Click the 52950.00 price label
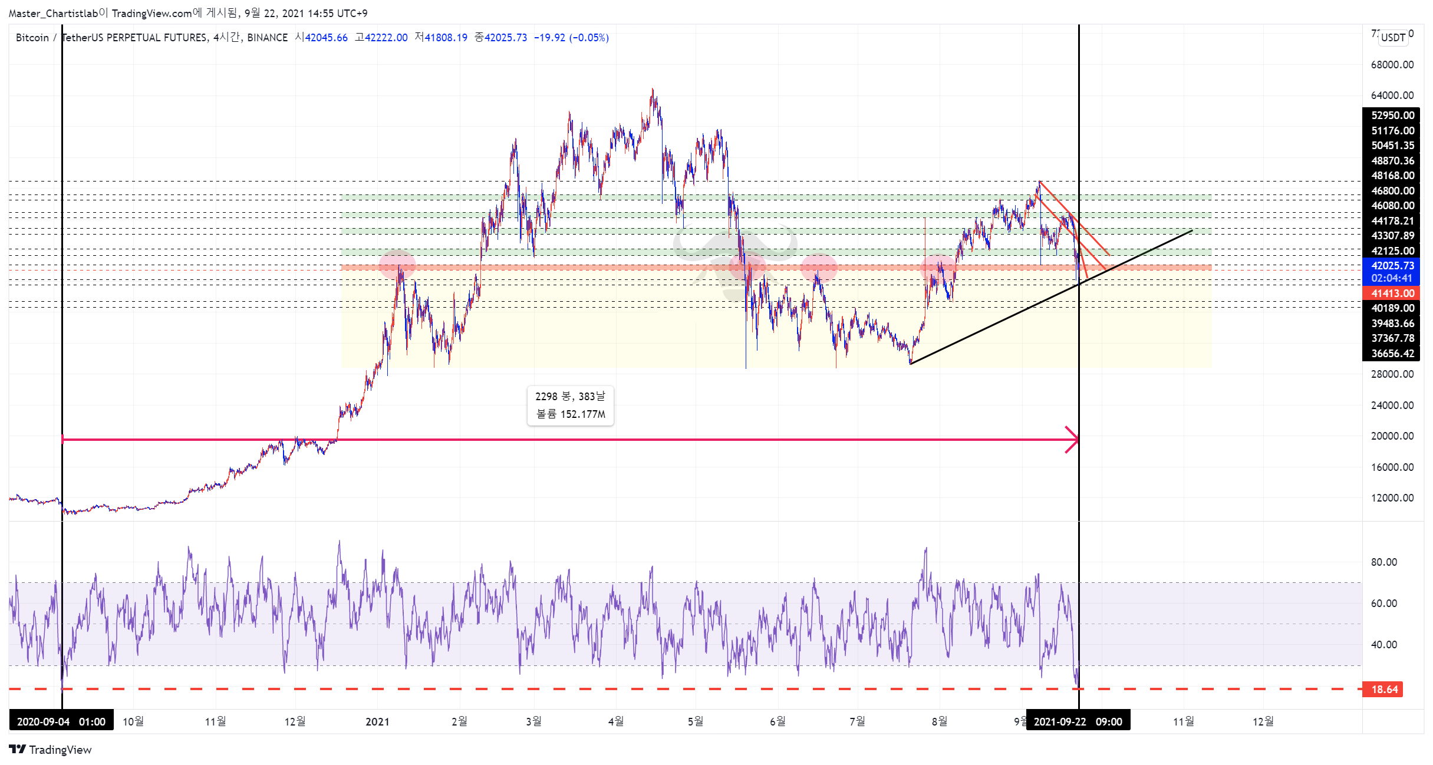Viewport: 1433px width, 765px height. [x=1392, y=116]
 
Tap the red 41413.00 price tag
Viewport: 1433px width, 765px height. [x=1391, y=293]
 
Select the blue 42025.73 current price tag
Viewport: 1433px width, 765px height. [x=1391, y=266]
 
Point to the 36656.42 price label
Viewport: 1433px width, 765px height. [x=1391, y=354]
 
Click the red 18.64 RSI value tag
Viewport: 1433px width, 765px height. [x=1384, y=689]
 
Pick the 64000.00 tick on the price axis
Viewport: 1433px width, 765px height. [x=1392, y=95]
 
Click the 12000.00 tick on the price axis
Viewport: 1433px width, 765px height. [x=1392, y=498]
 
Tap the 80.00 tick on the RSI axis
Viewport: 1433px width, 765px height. [x=1383, y=562]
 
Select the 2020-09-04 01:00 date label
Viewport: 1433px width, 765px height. [x=61, y=721]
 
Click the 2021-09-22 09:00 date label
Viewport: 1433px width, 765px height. [x=1078, y=721]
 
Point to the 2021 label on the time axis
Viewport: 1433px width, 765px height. [x=377, y=721]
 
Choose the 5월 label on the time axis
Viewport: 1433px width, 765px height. [x=696, y=721]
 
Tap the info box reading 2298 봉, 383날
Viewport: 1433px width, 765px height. [x=570, y=405]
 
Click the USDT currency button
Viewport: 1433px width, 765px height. [x=1393, y=37]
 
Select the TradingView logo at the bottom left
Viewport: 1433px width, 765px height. [x=51, y=750]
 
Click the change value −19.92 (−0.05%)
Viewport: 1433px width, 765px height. [x=571, y=38]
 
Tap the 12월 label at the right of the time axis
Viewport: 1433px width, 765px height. [x=1263, y=721]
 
